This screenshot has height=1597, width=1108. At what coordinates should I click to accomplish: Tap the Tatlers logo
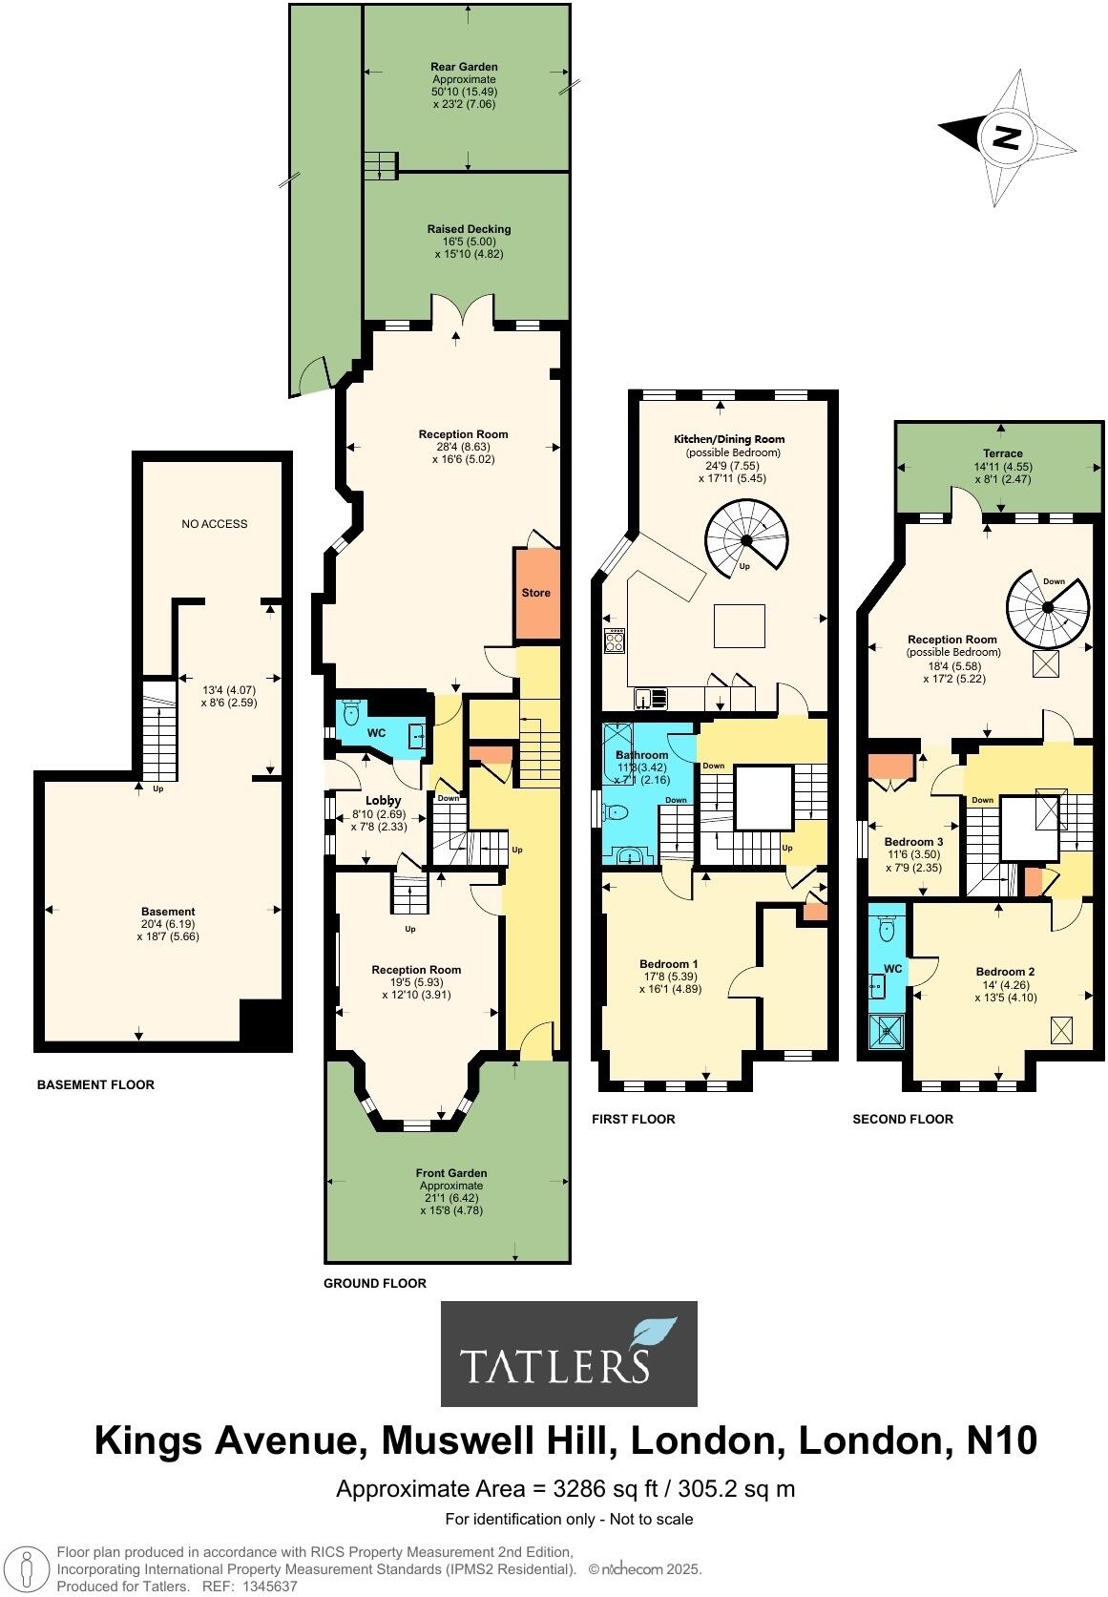pos(569,1353)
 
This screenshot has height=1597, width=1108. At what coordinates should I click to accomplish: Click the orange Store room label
pos(535,593)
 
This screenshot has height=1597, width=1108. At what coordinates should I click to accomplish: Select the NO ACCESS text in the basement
pos(214,524)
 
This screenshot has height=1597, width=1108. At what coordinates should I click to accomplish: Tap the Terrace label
pos(1003,453)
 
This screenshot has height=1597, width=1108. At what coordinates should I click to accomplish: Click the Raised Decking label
pos(469,229)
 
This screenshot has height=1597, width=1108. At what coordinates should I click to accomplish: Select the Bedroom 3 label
pos(913,842)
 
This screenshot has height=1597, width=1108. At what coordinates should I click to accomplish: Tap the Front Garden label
pos(451,1173)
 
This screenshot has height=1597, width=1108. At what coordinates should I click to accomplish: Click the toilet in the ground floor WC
pos(350,713)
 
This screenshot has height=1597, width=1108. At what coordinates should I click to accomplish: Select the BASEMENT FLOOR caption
pos(95,1085)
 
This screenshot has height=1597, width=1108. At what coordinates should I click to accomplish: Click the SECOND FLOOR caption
pos(902,1120)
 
